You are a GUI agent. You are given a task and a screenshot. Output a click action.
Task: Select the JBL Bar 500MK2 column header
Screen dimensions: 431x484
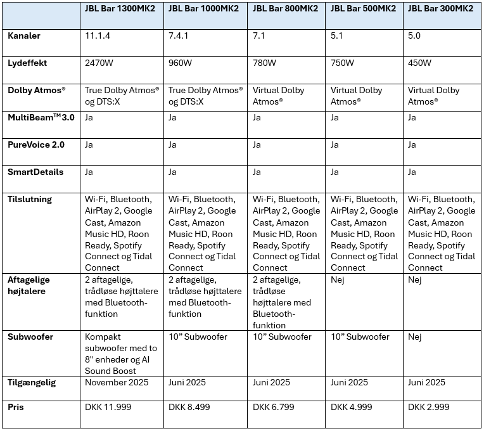click(x=363, y=8)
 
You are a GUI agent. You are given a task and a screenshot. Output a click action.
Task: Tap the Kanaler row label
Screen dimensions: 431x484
click(x=24, y=36)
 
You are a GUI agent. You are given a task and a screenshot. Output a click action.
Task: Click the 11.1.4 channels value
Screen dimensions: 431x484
click(x=98, y=36)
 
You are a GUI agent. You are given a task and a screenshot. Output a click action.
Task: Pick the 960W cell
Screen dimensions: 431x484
click(x=181, y=63)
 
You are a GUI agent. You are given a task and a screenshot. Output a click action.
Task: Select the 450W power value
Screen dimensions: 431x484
click(x=419, y=63)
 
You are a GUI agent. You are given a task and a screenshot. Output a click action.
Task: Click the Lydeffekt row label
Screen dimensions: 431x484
click(x=27, y=63)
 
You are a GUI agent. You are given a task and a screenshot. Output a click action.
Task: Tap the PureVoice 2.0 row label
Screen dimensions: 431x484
click(x=34, y=145)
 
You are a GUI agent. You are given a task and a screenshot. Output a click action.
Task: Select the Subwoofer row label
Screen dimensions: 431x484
click(x=30, y=337)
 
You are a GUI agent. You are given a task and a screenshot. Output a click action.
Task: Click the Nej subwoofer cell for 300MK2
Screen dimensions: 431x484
click(x=416, y=337)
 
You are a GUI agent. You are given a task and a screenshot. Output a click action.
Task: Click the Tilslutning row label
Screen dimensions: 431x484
click(x=30, y=200)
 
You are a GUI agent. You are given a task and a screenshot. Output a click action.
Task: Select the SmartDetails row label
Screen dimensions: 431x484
click(x=33, y=172)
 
